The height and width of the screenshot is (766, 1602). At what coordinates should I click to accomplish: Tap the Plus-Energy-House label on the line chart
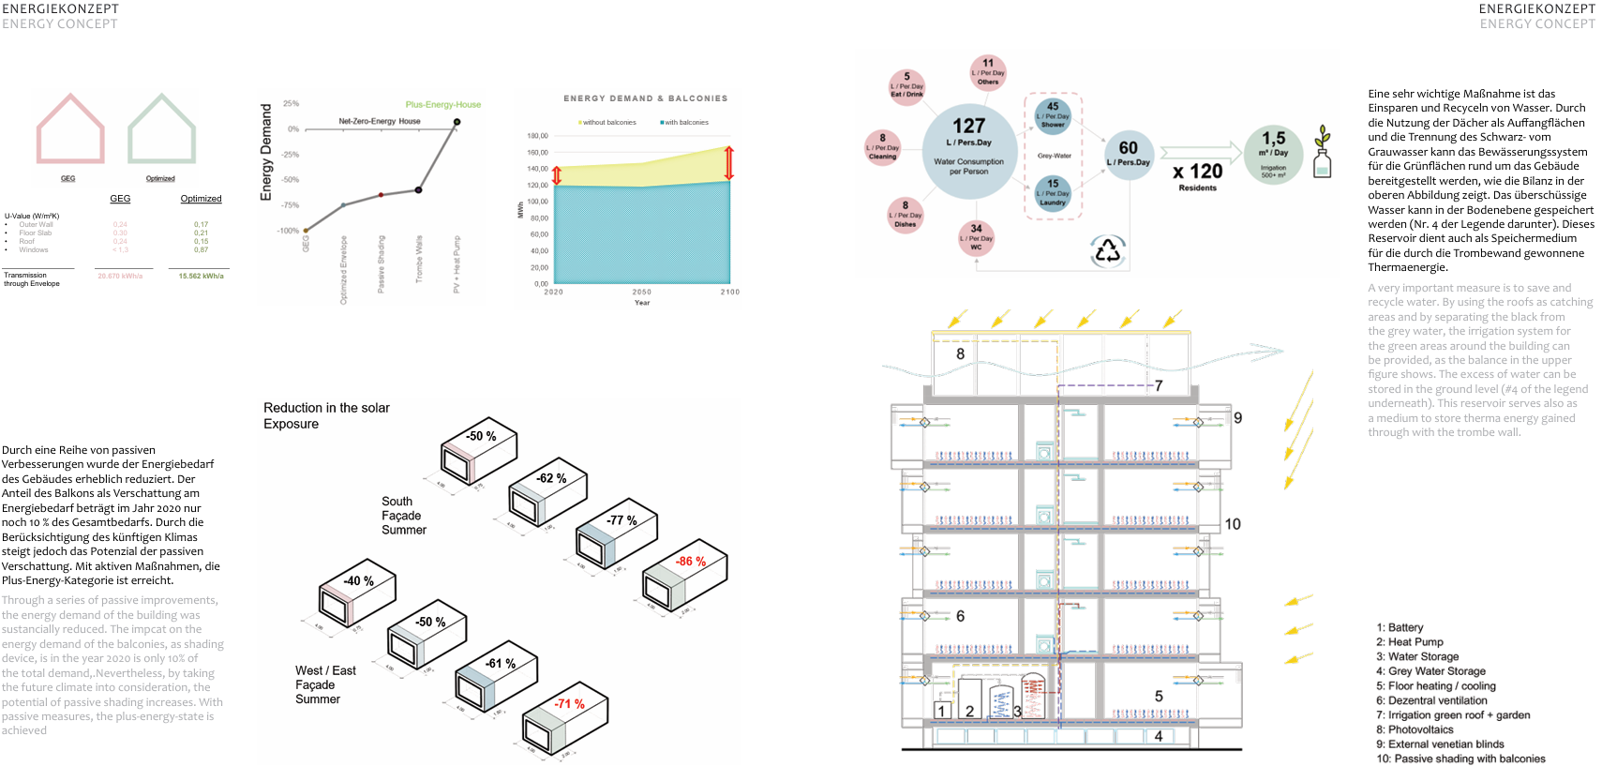click(x=442, y=104)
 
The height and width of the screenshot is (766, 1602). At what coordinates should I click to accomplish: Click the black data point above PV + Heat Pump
click(x=457, y=122)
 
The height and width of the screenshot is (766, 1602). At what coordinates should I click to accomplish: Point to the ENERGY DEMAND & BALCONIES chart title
click(x=645, y=98)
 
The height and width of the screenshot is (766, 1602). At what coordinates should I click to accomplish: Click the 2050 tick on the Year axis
click(x=641, y=293)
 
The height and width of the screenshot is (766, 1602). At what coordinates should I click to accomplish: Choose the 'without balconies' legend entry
click(x=607, y=123)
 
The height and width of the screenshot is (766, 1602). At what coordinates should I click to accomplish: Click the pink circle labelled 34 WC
click(x=976, y=237)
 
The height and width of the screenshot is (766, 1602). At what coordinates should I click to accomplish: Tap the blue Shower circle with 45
click(x=1053, y=114)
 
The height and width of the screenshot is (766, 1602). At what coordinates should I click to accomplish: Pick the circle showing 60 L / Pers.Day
click(x=1128, y=154)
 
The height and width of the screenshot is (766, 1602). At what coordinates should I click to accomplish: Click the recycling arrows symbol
click(x=1108, y=250)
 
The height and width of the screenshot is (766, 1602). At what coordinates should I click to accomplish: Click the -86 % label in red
click(x=691, y=562)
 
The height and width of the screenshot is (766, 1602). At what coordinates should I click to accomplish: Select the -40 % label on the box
click(x=358, y=581)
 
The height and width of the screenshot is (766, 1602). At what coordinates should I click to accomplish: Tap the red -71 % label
click(x=569, y=703)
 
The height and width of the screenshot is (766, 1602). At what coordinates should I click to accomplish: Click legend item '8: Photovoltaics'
click(x=1415, y=729)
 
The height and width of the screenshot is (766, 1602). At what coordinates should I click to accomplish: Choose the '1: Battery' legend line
click(x=1400, y=627)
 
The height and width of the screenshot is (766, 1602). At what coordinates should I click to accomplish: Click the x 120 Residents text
click(x=1197, y=175)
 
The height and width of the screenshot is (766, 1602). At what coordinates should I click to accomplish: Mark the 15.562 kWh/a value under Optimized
click(x=201, y=277)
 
